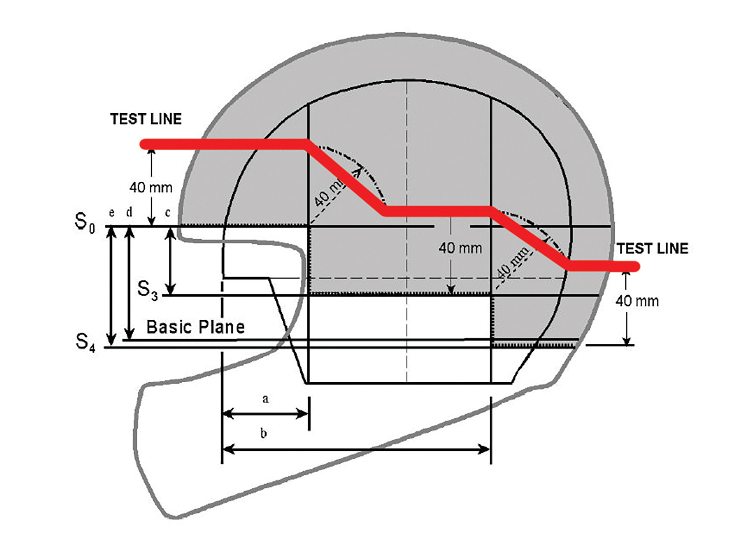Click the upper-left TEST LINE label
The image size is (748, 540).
pos(146,119)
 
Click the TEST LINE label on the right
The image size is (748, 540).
pos(652,249)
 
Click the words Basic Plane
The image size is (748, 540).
pos(196,327)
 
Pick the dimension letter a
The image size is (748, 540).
pos(266,399)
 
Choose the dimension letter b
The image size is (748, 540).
pos(264,433)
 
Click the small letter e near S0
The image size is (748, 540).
pos(111,213)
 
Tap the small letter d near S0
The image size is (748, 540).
pos(129,212)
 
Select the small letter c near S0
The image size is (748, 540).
pos(168,213)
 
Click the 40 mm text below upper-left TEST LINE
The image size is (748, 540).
pos(151,187)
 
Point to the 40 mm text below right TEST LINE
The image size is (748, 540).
pos(637,301)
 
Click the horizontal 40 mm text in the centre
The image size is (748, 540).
pos(460,248)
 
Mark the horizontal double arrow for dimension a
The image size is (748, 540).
pos(265,414)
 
